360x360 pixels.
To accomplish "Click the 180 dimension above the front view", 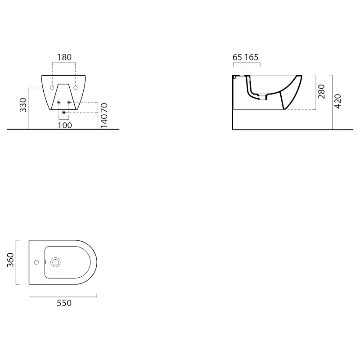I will tap(64, 57).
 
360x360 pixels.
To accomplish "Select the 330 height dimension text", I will tap(23, 104).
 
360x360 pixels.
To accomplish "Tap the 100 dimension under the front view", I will tap(65, 125).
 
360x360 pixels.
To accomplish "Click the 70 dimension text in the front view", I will tap(104, 108).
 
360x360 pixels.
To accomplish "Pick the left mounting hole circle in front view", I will tap(52, 87).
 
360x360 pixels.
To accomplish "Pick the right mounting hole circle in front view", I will tap(75, 87).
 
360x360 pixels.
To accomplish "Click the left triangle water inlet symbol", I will tap(59, 103).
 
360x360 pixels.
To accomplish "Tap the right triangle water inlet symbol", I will tap(69, 103).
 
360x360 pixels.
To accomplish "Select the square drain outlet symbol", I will tap(64, 112).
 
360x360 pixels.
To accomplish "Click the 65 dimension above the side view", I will tap(237, 57).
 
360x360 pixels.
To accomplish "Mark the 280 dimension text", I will tap(321, 91).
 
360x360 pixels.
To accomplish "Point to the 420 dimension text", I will tap(338, 102).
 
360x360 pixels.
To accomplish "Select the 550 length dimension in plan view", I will tap(64, 303).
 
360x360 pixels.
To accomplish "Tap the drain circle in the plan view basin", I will tap(56, 262).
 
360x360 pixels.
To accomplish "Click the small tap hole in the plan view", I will tap(36, 262).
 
